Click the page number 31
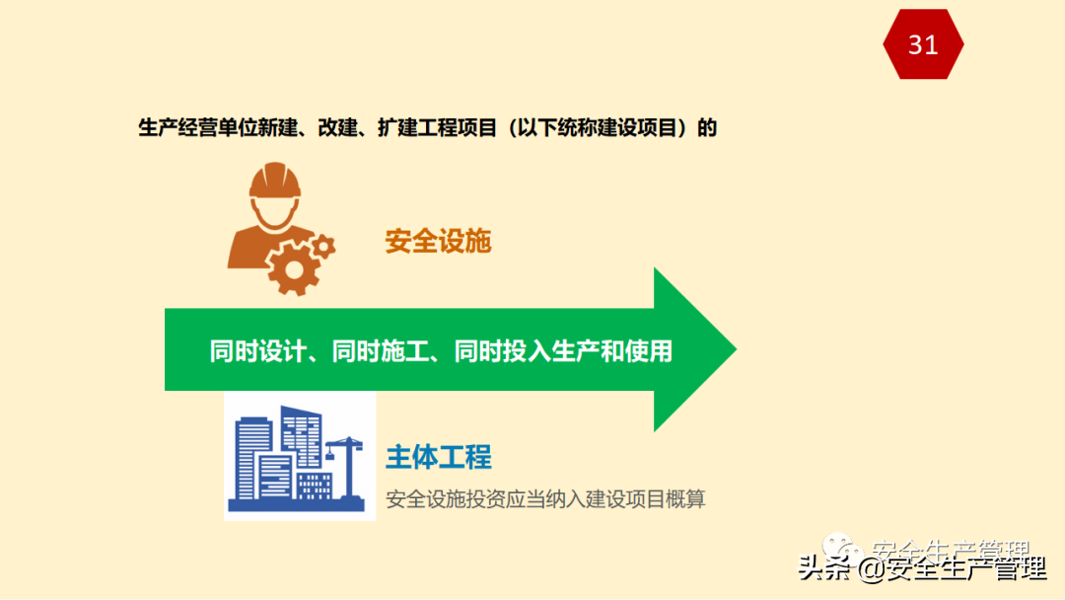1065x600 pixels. point(923,44)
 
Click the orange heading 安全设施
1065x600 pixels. point(438,242)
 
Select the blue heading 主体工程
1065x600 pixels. point(438,457)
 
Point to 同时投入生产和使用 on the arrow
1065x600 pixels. point(563,351)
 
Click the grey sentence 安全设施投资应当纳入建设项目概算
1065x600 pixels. point(545,499)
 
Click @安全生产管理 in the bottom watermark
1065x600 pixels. point(951,570)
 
